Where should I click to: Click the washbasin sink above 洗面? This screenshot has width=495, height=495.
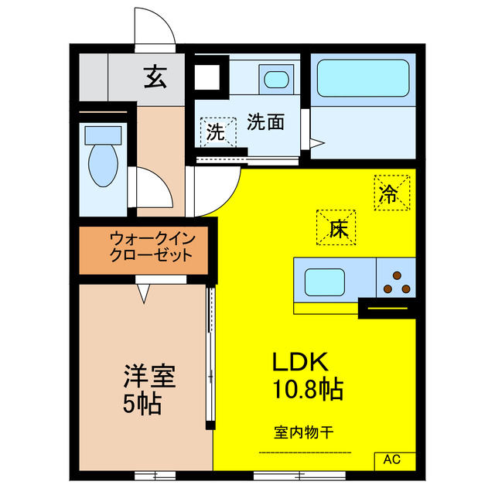point(275,78)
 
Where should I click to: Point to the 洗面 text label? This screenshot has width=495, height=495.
point(265,121)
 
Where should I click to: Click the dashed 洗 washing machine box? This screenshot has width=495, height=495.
point(217,131)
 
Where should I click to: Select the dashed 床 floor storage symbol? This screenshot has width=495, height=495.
point(335,228)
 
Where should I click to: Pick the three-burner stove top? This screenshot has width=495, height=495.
point(397,282)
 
